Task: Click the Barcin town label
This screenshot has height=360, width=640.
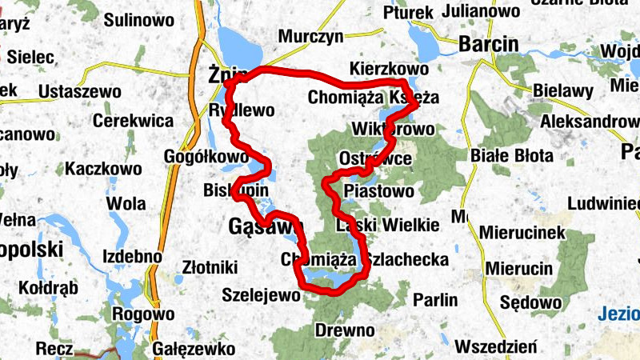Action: [x=488, y=44]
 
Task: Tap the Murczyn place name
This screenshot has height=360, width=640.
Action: [x=310, y=37]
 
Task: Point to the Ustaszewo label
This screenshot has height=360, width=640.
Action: [x=80, y=91]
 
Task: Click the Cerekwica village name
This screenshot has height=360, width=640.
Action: [x=134, y=121]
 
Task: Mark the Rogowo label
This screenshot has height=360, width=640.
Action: [x=143, y=314]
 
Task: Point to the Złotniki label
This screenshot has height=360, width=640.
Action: [x=210, y=265]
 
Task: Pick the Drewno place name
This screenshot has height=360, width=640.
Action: [x=345, y=330]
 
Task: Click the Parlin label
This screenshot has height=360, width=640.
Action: [x=436, y=301]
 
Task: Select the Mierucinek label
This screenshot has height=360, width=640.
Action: [x=523, y=233]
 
